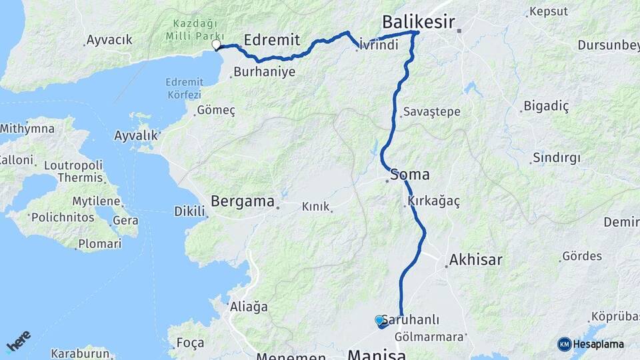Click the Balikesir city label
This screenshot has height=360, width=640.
[x=418, y=22]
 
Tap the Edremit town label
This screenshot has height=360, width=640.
[x=271, y=39]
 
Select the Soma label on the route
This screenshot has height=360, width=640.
[x=409, y=175]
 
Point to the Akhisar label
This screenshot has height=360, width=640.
[x=475, y=259]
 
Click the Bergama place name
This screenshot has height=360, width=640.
[x=243, y=201]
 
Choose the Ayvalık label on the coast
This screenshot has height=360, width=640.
[x=136, y=135]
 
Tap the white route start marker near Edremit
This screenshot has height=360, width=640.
[x=216, y=45]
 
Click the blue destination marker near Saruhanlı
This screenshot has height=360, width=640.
[x=379, y=321]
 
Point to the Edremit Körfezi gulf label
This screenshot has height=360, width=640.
[x=183, y=87]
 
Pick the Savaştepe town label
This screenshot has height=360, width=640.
[x=431, y=111]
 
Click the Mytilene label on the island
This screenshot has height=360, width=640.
[x=96, y=201]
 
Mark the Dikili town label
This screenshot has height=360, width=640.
[x=189, y=211]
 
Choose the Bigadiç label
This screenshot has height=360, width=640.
[x=546, y=106]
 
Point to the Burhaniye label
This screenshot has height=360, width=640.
[x=265, y=71]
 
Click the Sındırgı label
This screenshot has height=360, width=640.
[x=556, y=158]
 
